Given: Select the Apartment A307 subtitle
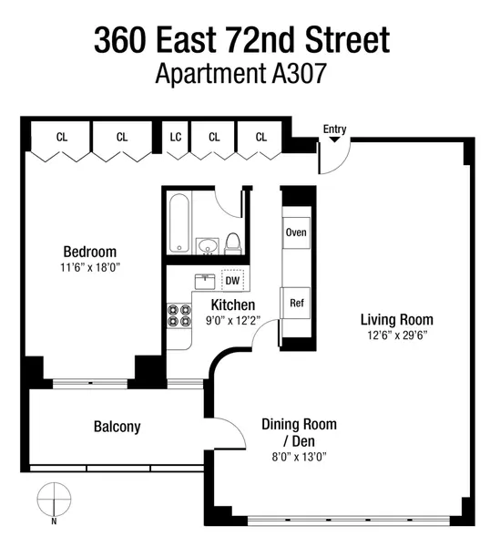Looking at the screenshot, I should tap(241, 74).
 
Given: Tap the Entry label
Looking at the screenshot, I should tap(334, 129).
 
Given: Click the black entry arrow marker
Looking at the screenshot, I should tap(334, 139).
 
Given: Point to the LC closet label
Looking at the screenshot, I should tap(176, 138).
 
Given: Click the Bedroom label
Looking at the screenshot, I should tap(89, 252).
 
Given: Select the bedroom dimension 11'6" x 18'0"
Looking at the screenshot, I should tap(89, 268).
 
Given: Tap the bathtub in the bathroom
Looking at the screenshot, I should tap(179, 222).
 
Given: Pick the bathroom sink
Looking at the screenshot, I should tap(208, 244).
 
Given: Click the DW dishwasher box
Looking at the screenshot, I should tap(232, 282).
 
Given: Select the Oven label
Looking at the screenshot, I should tap(296, 232).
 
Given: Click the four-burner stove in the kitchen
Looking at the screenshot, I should tap(178, 315).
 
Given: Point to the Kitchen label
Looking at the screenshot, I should tap(233, 304).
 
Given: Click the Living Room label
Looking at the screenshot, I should tap(396, 319).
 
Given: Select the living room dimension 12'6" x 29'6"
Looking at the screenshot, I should tap(396, 335).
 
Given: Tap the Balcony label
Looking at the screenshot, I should tap(117, 427).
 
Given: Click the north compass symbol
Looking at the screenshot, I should tap(54, 501).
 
